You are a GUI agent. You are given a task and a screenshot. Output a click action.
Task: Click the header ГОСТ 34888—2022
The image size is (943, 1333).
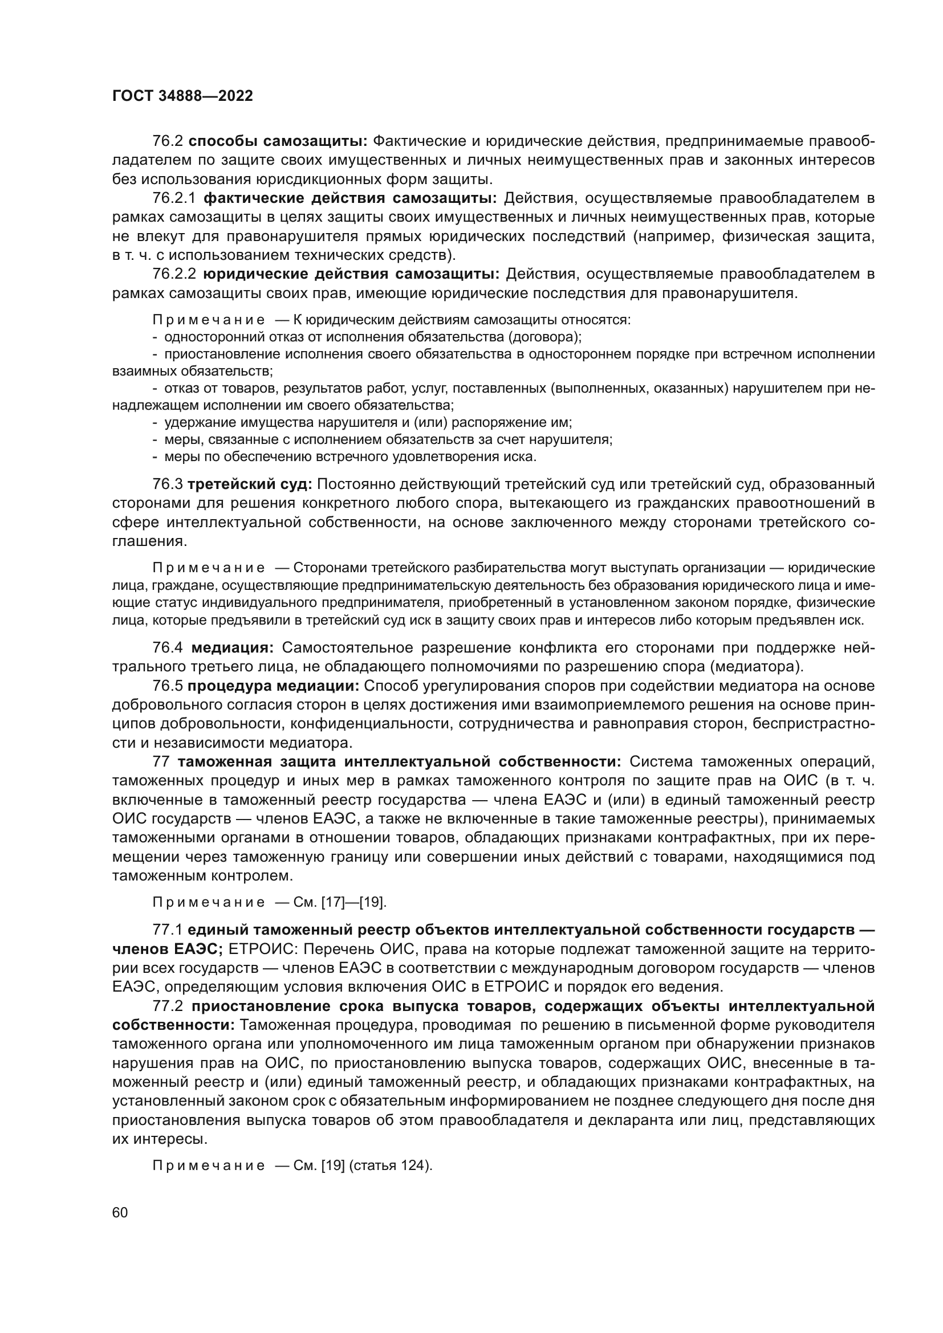pos(182,96)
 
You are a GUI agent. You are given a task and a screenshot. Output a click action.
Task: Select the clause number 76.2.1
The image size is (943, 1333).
pos(174,198)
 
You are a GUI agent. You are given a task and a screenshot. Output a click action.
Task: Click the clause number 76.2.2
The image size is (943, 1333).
pos(174,274)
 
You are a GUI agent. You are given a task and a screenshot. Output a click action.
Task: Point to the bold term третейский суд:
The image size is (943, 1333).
pos(250,484)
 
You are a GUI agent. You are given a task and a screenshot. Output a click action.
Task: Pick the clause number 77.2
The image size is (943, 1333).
pos(168,1005)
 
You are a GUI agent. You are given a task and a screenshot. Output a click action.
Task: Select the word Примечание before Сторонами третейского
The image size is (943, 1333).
pos(209,568)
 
